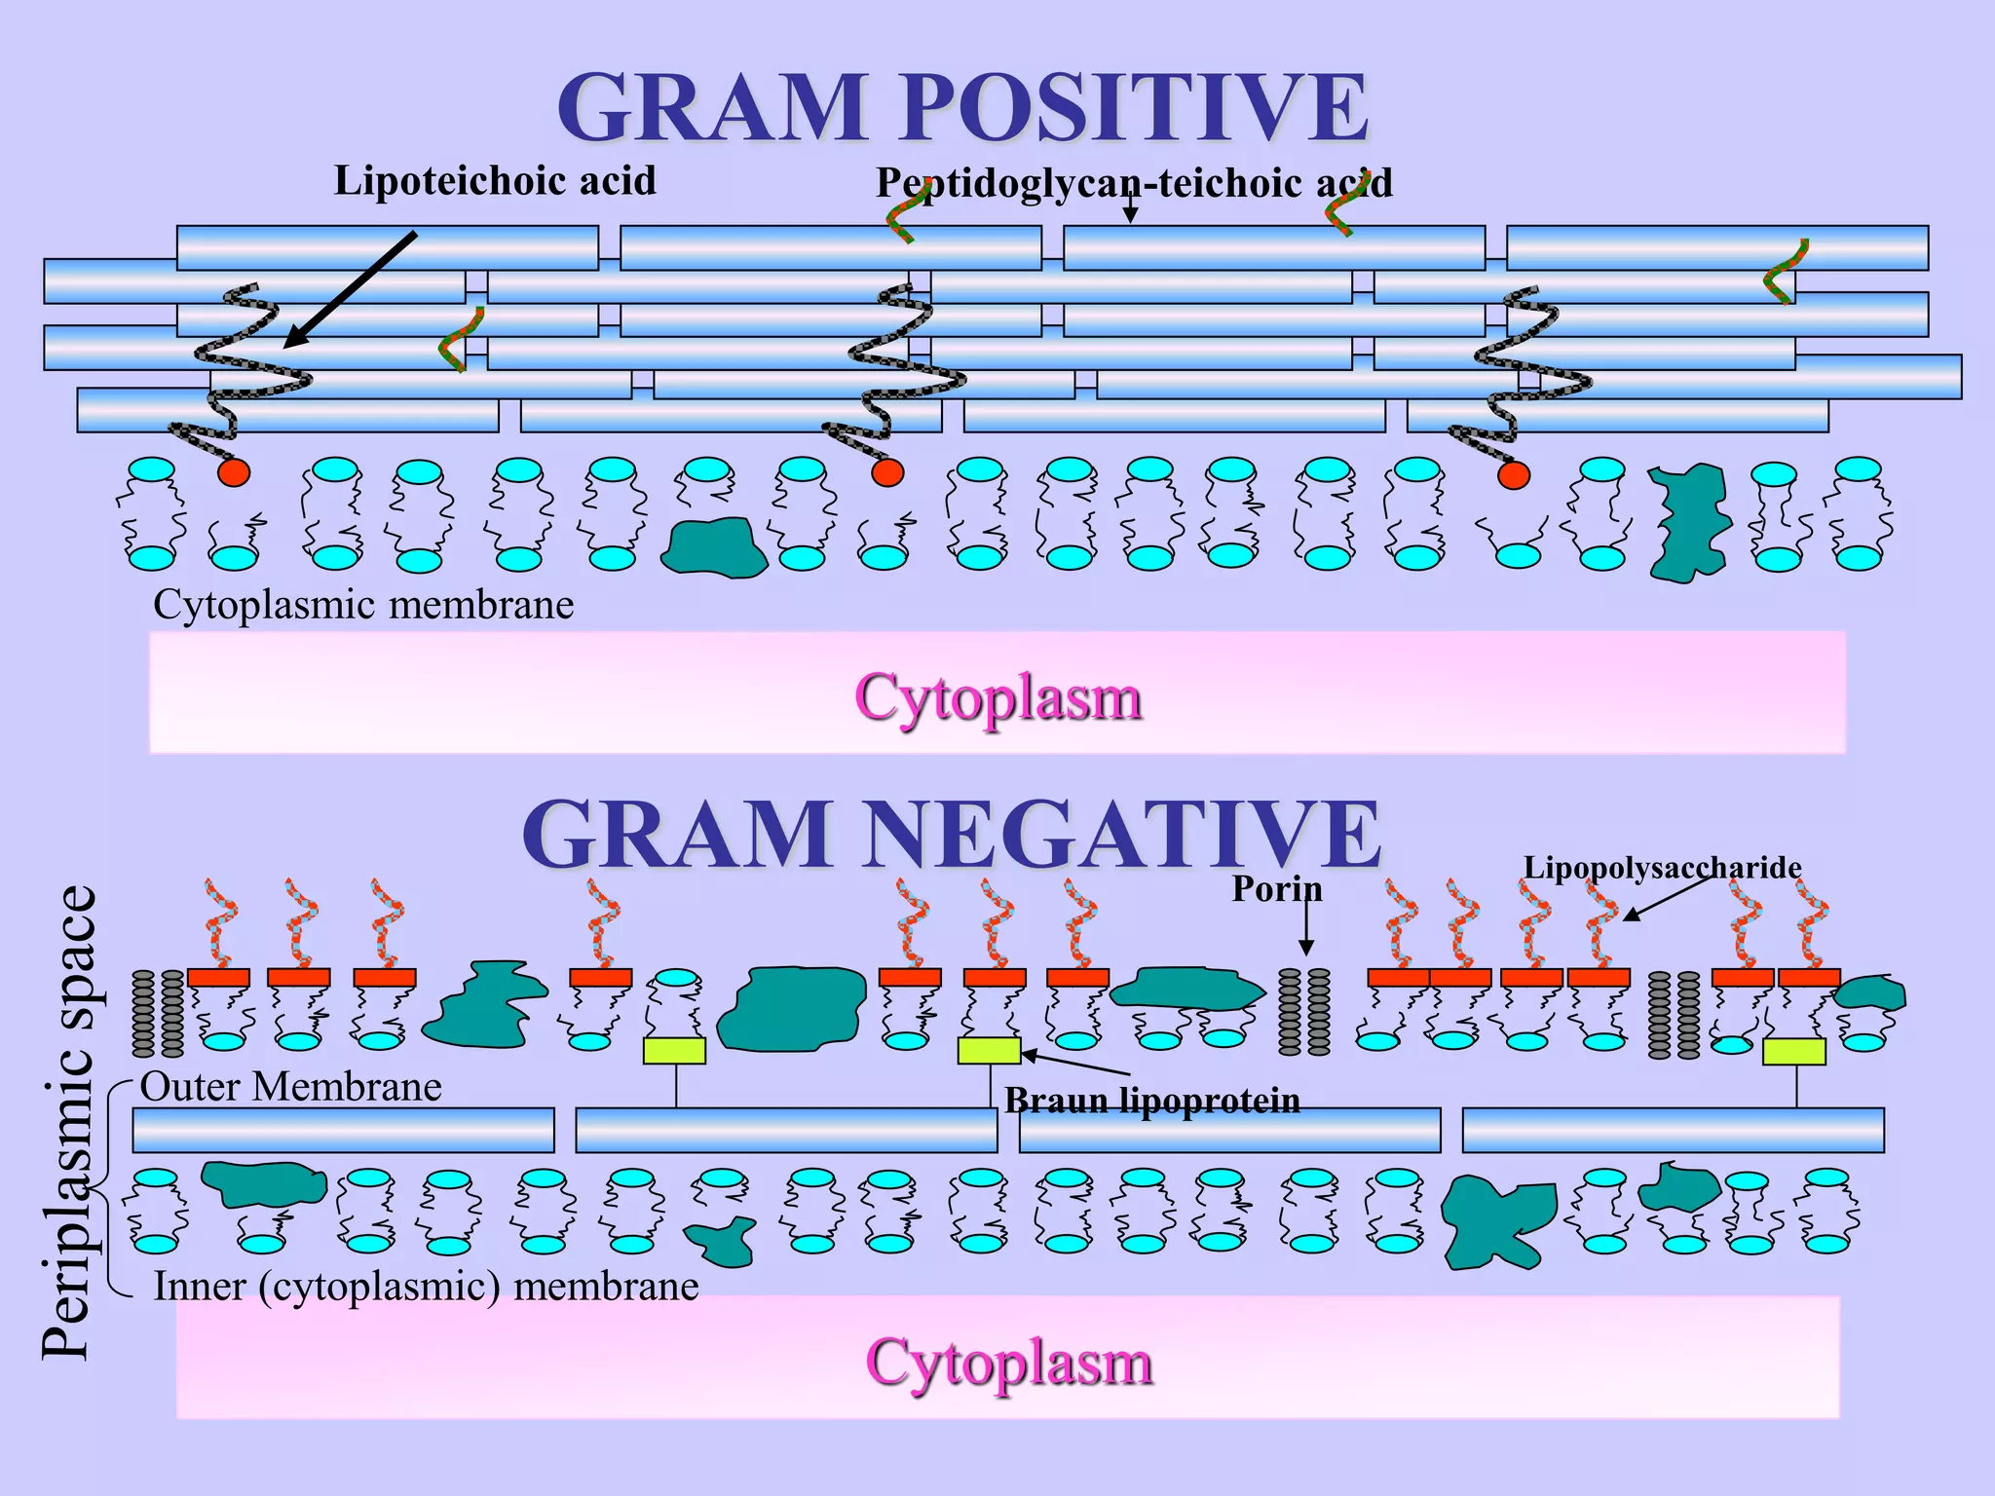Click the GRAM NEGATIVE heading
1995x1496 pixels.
[x=951, y=835]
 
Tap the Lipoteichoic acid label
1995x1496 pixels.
[x=495, y=181]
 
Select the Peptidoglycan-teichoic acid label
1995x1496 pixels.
[x=1134, y=183]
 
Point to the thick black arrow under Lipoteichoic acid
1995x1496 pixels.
[x=351, y=288]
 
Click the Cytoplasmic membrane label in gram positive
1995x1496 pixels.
[x=363, y=605]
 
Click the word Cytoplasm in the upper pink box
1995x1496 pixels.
[x=997, y=697]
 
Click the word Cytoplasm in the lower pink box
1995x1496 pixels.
[x=1009, y=1362]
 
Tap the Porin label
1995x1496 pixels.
[x=1276, y=888]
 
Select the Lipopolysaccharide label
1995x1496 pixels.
[x=1662, y=867]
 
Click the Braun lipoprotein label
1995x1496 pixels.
[x=1152, y=1101]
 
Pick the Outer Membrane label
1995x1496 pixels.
[x=290, y=1086]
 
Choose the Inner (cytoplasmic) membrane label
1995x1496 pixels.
[x=426, y=1287]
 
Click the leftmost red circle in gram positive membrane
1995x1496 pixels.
[x=234, y=473]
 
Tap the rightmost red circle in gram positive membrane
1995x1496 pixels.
[x=1513, y=475]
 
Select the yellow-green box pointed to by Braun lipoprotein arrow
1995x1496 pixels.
[x=989, y=1051]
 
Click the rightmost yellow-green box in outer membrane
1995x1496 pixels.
[x=1793, y=1051]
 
